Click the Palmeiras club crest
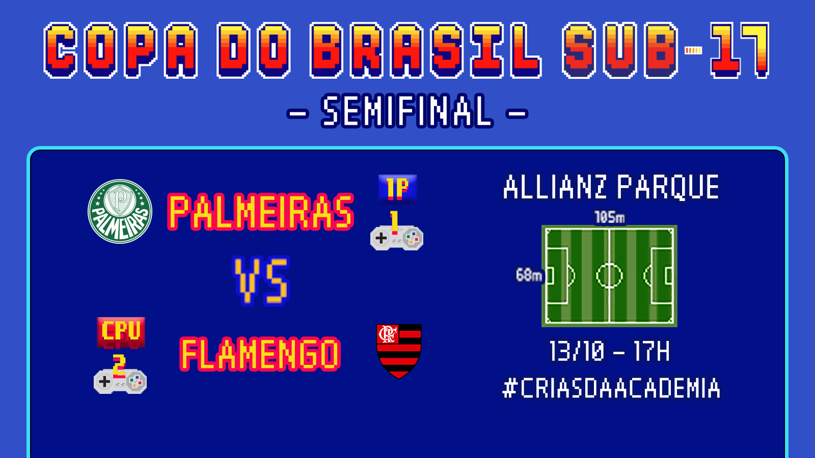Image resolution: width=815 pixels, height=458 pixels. tap(120, 211)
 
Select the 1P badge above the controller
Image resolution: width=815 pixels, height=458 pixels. tap(397, 189)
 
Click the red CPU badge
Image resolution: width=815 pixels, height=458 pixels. tap(121, 332)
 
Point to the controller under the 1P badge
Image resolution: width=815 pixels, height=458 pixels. tap(397, 238)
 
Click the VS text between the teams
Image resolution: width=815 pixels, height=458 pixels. tap(261, 280)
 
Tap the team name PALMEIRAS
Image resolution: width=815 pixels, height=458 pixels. tap(260, 212)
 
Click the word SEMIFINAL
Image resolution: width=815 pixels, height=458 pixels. tap(407, 111)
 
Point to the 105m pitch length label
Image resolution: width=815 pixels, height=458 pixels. tap(609, 217)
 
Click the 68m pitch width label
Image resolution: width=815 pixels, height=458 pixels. tap(529, 275)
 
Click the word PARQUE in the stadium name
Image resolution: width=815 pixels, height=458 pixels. tap(668, 187)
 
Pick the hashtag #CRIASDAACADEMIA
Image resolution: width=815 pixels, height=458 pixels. tap(611, 388)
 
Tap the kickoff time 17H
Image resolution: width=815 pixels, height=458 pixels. tap(651, 351)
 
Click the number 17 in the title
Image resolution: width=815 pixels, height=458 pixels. tap(740, 50)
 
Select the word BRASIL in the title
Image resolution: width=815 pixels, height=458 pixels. tap(425, 50)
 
